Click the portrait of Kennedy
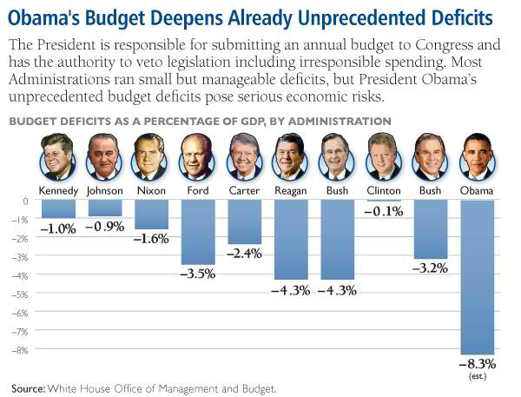pyautogui.click(x=57, y=156)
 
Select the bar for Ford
pyautogui.click(x=197, y=232)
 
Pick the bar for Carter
pyautogui.click(x=244, y=222)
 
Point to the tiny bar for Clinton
pyautogui.click(x=384, y=202)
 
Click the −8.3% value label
pyautogui.click(x=478, y=364)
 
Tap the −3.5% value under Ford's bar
pyautogui.click(x=197, y=274)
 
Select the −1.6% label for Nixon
pyautogui.click(x=150, y=239)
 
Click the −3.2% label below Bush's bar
pyautogui.click(x=431, y=268)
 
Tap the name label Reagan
pyautogui.click(x=291, y=189)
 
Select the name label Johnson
pyautogui.click(x=104, y=189)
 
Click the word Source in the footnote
pyautogui.click(x=27, y=387)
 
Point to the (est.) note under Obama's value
pyautogui.click(x=478, y=376)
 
